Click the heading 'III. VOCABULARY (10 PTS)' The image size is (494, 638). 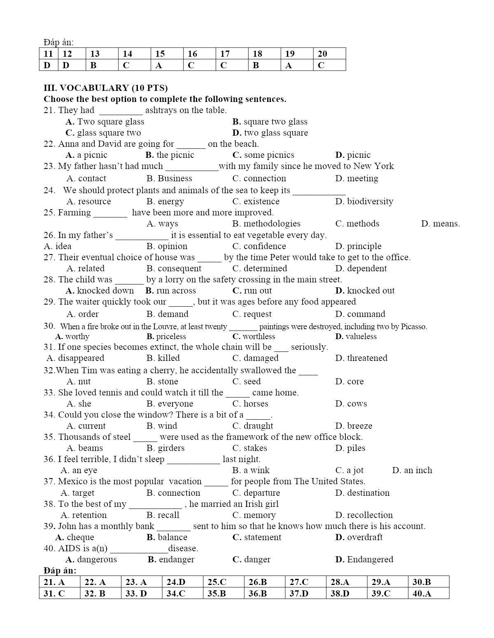tap(106, 88)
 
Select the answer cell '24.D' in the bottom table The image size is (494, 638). tap(176, 582)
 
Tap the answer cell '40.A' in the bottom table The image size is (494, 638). tap(422, 594)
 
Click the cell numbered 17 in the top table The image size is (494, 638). tap(225, 54)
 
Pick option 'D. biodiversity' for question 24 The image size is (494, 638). tap(364, 201)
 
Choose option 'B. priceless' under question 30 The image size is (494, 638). tap(166, 336)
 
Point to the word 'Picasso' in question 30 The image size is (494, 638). tap(412, 327)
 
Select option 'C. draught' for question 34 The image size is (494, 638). tap(253, 426)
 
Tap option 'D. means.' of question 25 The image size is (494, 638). tap(440, 224)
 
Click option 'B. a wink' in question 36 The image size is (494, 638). tap(251, 470)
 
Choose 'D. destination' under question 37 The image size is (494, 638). tap(362, 493)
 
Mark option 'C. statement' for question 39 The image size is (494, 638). tap(257, 537)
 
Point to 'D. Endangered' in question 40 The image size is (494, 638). tap(364, 559)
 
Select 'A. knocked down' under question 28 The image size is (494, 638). tap(100, 291)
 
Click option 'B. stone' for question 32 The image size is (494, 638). tap(162, 381)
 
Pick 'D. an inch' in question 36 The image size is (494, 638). tap(412, 470)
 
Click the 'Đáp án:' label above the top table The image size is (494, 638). tap(58, 42)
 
